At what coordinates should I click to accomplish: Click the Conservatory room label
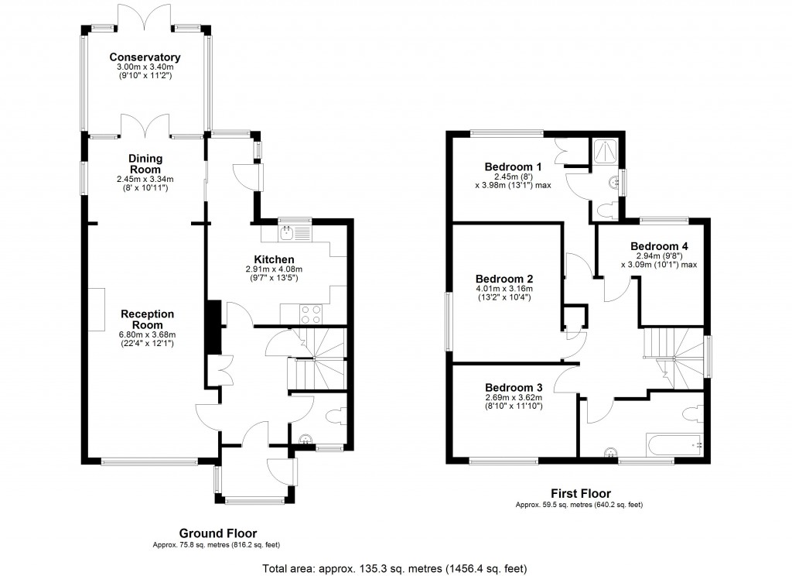click(145, 57)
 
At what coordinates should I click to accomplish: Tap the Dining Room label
click(145, 164)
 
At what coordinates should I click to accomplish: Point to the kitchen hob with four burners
click(311, 314)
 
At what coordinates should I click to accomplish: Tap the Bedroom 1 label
click(513, 166)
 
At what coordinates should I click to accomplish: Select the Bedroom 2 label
click(504, 279)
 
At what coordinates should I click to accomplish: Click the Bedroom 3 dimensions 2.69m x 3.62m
click(514, 398)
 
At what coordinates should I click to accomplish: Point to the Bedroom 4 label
click(658, 246)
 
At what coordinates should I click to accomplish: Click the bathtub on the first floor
click(673, 444)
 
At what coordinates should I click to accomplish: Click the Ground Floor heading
click(218, 533)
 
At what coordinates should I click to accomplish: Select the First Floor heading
click(580, 493)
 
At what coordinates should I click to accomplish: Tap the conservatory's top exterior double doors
click(145, 17)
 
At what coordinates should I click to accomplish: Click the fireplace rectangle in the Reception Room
click(97, 309)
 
